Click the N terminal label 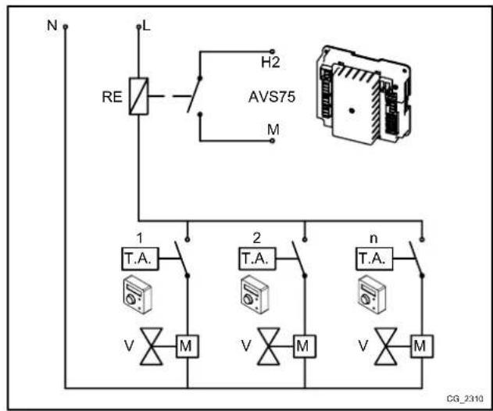(52, 25)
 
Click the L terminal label (146, 27)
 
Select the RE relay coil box (138, 98)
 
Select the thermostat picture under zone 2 (253, 293)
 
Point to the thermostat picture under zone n (372, 293)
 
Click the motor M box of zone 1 (187, 344)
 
